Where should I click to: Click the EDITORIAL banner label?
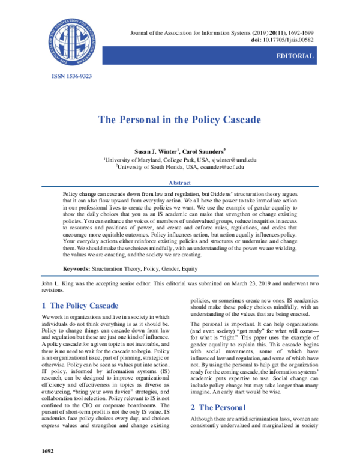point(293,56)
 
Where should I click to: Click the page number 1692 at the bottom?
point(47,450)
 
